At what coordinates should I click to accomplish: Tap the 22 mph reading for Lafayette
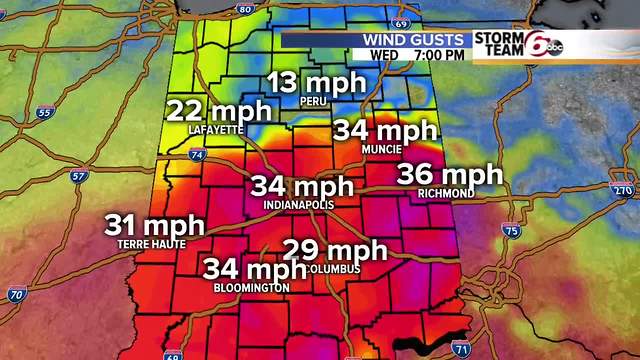point(217,111)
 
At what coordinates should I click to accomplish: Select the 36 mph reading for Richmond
point(449,174)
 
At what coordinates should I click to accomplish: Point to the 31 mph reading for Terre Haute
point(155,225)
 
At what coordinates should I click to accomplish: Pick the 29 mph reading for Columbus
point(333,250)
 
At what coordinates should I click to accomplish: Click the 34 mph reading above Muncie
point(385,130)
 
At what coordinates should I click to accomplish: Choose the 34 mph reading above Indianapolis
point(301,186)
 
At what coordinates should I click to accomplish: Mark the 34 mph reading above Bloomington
point(255,268)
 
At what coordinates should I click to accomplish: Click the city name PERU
point(314,102)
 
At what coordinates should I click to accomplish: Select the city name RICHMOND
point(447,193)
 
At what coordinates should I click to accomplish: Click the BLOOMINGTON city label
point(252,288)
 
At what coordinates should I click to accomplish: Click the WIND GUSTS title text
point(417,39)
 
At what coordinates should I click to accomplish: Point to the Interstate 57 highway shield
point(79,177)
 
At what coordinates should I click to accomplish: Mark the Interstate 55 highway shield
point(43,113)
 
